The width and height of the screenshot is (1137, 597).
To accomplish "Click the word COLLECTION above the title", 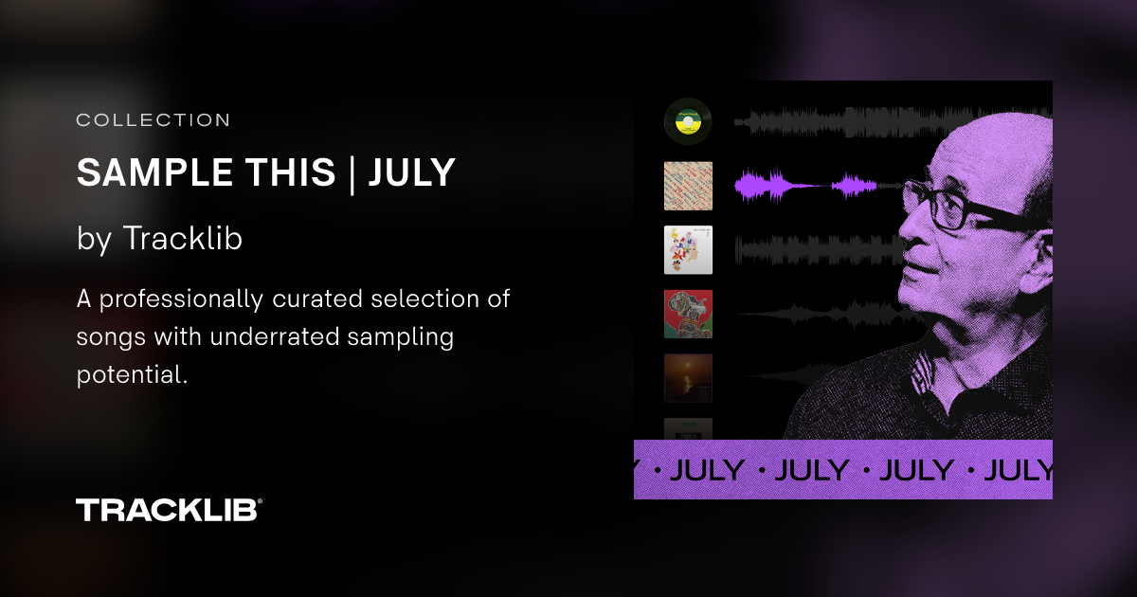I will [x=153, y=120].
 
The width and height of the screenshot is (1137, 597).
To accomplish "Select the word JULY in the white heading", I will [x=411, y=172].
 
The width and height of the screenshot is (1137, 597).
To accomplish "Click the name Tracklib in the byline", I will [x=182, y=239].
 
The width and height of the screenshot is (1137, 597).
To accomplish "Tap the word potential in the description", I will [x=129, y=373].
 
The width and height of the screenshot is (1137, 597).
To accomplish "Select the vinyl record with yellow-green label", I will [x=688, y=121].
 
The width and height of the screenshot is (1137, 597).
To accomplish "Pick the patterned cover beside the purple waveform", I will [x=688, y=186].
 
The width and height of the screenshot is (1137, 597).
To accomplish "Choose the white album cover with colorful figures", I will [x=688, y=250].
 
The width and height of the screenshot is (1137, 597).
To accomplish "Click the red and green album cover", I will [x=688, y=315].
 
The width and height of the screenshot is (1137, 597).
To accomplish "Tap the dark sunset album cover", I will [x=688, y=378].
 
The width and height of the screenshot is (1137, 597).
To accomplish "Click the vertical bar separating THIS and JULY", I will [x=352, y=173].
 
